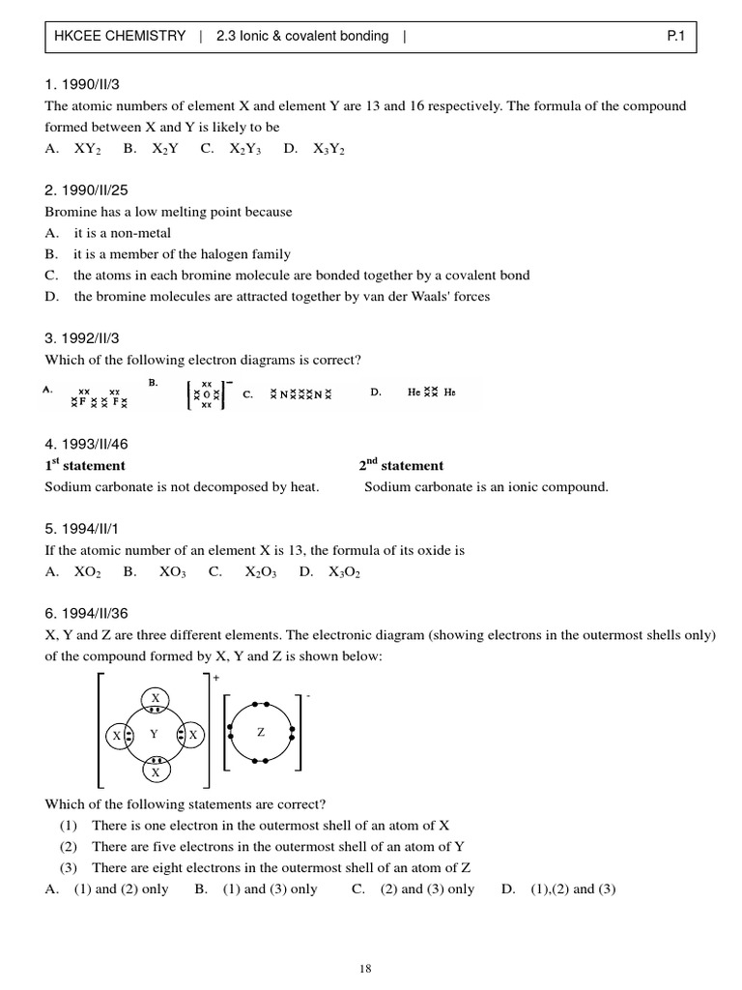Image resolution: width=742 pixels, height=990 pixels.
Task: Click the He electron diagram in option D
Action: click(x=430, y=393)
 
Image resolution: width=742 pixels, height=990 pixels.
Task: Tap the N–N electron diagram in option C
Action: click(x=300, y=394)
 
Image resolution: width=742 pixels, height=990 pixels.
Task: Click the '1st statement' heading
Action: click(x=85, y=465)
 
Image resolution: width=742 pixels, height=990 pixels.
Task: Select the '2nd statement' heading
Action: click(x=401, y=465)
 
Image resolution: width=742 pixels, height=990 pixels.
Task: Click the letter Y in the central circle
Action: click(x=155, y=735)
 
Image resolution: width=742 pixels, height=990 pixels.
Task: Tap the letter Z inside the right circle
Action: click(x=260, y=733)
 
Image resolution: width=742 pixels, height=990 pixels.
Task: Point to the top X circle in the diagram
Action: click(x=155, y=698)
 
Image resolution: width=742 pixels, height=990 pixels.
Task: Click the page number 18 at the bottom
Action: click(x=365, y=968)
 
